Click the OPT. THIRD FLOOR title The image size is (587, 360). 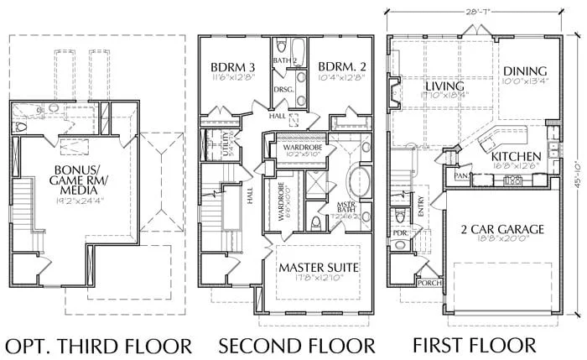click(99, 345)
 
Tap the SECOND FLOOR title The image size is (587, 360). click(297, 345)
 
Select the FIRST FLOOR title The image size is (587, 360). click(474, 345)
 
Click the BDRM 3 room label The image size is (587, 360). click(231, 67)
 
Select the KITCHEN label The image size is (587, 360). click(514, 157)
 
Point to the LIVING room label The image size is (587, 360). click(444, 86)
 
